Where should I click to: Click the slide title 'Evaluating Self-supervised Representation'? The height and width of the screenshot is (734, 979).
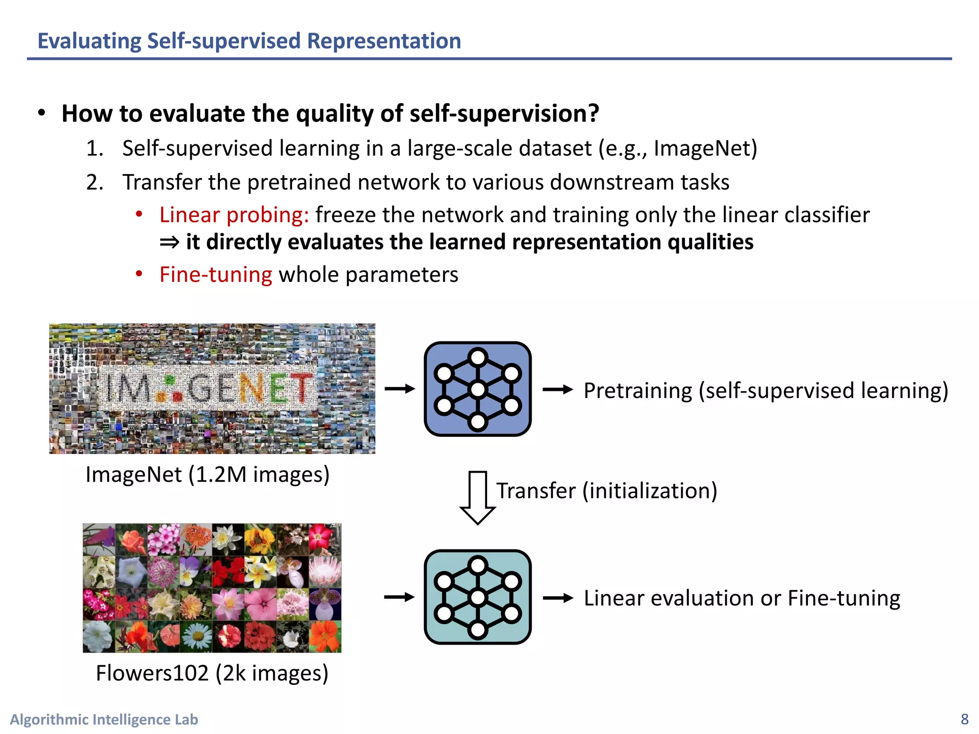[x=249, y=41]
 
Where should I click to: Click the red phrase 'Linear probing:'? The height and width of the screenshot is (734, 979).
[x=234, y=215]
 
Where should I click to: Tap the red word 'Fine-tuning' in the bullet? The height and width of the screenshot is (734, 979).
[x=216, y=275]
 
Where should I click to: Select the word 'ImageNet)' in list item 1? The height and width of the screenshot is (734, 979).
[x=705, y=148]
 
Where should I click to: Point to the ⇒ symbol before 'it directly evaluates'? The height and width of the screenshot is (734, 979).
[x=169, y=243]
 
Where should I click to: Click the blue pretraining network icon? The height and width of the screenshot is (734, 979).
[x=478, y=389]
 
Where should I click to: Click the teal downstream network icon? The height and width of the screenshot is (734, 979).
[x=478, y=597]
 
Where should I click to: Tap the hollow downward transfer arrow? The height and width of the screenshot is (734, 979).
[x=477, y=497]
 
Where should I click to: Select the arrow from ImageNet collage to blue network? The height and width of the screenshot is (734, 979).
[x=400, y=389]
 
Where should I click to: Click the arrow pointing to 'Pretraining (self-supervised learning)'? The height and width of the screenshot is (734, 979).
[x=557, y=390]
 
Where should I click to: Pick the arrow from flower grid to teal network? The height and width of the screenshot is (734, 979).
[x=399, y=597]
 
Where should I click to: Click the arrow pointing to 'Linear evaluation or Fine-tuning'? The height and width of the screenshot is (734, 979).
[x=557, y=598]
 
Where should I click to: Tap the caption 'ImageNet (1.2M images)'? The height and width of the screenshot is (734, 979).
[x=207, y=475]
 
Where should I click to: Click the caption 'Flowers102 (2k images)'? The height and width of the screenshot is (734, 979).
[x=212, y=673]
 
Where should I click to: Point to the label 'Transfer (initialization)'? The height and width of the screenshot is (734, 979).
[x=607, y=491]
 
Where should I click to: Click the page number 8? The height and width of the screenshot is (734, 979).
[x=965, y=719]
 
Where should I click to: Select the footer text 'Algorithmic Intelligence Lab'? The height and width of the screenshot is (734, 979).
[x=104, y=719]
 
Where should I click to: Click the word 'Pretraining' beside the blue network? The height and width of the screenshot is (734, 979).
[x=638, y=391]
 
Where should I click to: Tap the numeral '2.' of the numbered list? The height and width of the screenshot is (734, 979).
[x=95, y=183]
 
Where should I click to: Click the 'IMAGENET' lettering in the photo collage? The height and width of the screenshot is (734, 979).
[x=208, y=388]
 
